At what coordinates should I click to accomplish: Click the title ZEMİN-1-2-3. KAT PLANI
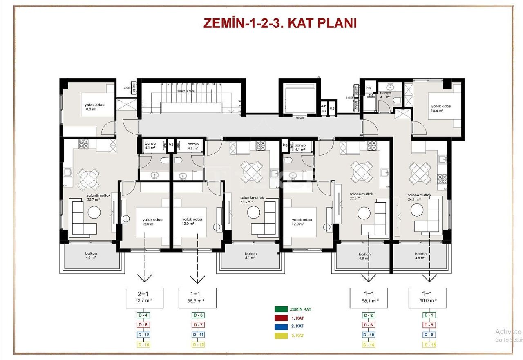280,23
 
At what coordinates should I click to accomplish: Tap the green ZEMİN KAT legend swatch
282,309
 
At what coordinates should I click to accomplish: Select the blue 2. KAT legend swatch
282,326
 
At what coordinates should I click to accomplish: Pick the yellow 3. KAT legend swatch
282,335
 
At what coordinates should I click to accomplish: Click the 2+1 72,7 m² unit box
144,297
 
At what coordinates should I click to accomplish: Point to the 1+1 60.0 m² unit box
427,297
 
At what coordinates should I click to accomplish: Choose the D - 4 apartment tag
143,315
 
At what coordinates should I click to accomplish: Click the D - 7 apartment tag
197,325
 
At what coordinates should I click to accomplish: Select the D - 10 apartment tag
369,335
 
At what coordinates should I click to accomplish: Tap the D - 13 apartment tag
429,344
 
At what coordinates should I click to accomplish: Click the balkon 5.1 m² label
250,256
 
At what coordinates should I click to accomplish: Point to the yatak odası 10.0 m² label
94,107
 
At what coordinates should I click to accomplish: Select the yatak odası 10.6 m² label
441,108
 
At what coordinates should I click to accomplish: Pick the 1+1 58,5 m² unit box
197,297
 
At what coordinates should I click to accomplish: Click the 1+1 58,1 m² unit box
369,297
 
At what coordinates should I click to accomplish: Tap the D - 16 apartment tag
143,344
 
